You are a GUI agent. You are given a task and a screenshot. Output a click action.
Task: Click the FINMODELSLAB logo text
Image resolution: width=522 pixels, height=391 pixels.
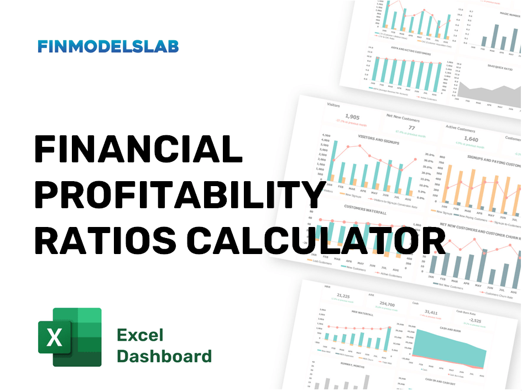(x=108, y=46)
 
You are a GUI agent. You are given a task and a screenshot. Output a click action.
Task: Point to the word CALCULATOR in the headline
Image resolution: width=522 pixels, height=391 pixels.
(x=316, y=241)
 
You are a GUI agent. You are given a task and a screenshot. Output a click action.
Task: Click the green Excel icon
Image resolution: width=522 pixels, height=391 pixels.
(x=70, y=337)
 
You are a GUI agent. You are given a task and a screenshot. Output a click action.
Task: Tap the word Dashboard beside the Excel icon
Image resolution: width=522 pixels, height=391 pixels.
(x=164, y=356)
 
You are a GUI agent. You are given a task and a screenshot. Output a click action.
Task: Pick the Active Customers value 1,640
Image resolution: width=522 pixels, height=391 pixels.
(x=471, y=140)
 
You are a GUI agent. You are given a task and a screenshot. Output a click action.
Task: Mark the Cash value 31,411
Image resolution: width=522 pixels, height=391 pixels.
(x=431, y=313)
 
